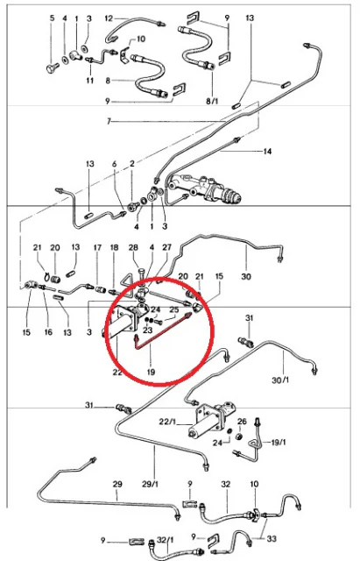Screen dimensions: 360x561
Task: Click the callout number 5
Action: [x=53, y=18]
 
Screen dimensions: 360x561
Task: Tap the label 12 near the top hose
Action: [x=109, y=18]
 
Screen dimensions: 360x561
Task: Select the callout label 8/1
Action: [x=212, y=102]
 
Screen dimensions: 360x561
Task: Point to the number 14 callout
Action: [x=267, y=152]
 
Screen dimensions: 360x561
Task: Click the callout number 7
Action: [x=109, y=122]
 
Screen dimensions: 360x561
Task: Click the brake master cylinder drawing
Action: [x=205, y=188]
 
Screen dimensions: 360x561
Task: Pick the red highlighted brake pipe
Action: [x=163, y=331]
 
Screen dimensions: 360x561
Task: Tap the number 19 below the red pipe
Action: [x=151, y=372]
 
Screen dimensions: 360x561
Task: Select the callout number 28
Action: [x=133, y=247]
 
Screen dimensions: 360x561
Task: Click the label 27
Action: [x=166, y=247]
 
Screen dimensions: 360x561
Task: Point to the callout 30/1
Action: [x=280, y=380]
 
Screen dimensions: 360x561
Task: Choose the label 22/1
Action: [x=167, y=423]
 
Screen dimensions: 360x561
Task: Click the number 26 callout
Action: [x=242, y=422]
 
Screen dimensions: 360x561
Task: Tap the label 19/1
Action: [x=279, y=443]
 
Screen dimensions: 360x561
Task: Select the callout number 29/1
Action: [x=150, y=484]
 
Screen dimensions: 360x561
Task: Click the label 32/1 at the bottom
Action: [x=166, y=540]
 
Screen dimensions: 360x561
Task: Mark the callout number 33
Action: [x=272, y=538]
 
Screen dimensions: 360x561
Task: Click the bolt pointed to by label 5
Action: [x=52, y=67]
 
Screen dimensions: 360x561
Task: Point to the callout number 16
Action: [x=48, y=332]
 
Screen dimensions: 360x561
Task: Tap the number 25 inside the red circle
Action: [x=173, y=309]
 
